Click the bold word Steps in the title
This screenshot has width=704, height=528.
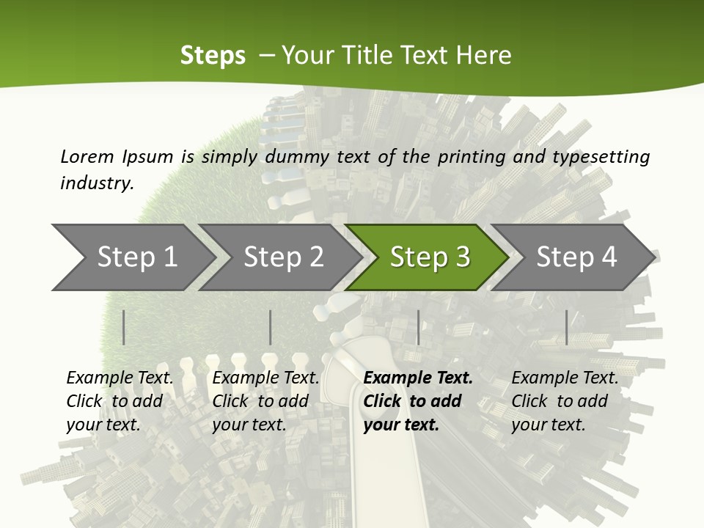click(x=213, y=56)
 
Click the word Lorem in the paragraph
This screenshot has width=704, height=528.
click(x=87, y=156)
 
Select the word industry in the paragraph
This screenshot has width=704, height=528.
click(x=96, y=183)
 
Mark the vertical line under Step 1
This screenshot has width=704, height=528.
click(x=124, y=327)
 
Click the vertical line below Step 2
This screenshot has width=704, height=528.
click(x=271, y=327)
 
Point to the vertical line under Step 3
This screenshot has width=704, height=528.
click(x=418, y=327)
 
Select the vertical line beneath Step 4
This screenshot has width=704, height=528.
click(x=566, y=327)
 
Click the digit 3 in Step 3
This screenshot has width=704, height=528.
click(x=463, y=257)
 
